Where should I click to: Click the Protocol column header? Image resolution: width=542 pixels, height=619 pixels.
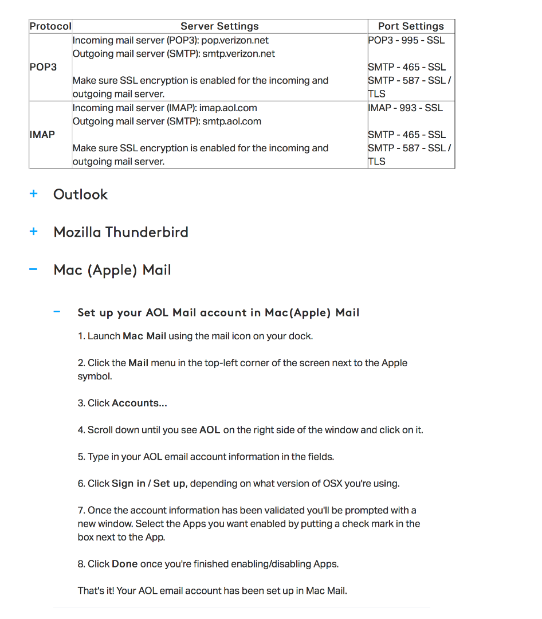[50, 26]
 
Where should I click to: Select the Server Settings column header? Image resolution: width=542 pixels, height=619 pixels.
[219, 26]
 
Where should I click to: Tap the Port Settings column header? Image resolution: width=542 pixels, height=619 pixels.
[411, 26]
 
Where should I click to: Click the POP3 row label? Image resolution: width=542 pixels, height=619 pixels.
[43, 67]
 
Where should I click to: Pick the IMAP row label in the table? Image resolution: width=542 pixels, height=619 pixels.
[42, 135]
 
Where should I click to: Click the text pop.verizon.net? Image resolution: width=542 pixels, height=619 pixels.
[235, 40]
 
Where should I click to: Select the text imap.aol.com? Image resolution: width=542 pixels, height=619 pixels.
[228, 108]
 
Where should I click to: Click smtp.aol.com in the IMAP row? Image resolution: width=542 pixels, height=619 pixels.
[231, 122]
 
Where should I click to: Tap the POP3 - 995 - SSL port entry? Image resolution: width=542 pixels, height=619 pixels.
[406, 40]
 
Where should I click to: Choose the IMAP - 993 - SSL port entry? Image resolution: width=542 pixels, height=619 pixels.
[405, 108]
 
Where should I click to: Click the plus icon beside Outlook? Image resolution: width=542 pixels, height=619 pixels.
[34, 194]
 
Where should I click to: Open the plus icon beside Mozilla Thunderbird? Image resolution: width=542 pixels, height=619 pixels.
[34, 232]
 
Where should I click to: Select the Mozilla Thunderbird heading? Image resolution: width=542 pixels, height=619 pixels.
[121, 232]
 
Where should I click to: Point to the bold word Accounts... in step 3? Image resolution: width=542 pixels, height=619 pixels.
[139, 403]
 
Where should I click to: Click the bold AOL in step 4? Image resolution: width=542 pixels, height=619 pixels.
[210, 430]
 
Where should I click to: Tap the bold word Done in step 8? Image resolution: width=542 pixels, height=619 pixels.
[124, 564]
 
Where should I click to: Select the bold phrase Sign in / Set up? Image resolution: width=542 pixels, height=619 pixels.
[148, 484]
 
